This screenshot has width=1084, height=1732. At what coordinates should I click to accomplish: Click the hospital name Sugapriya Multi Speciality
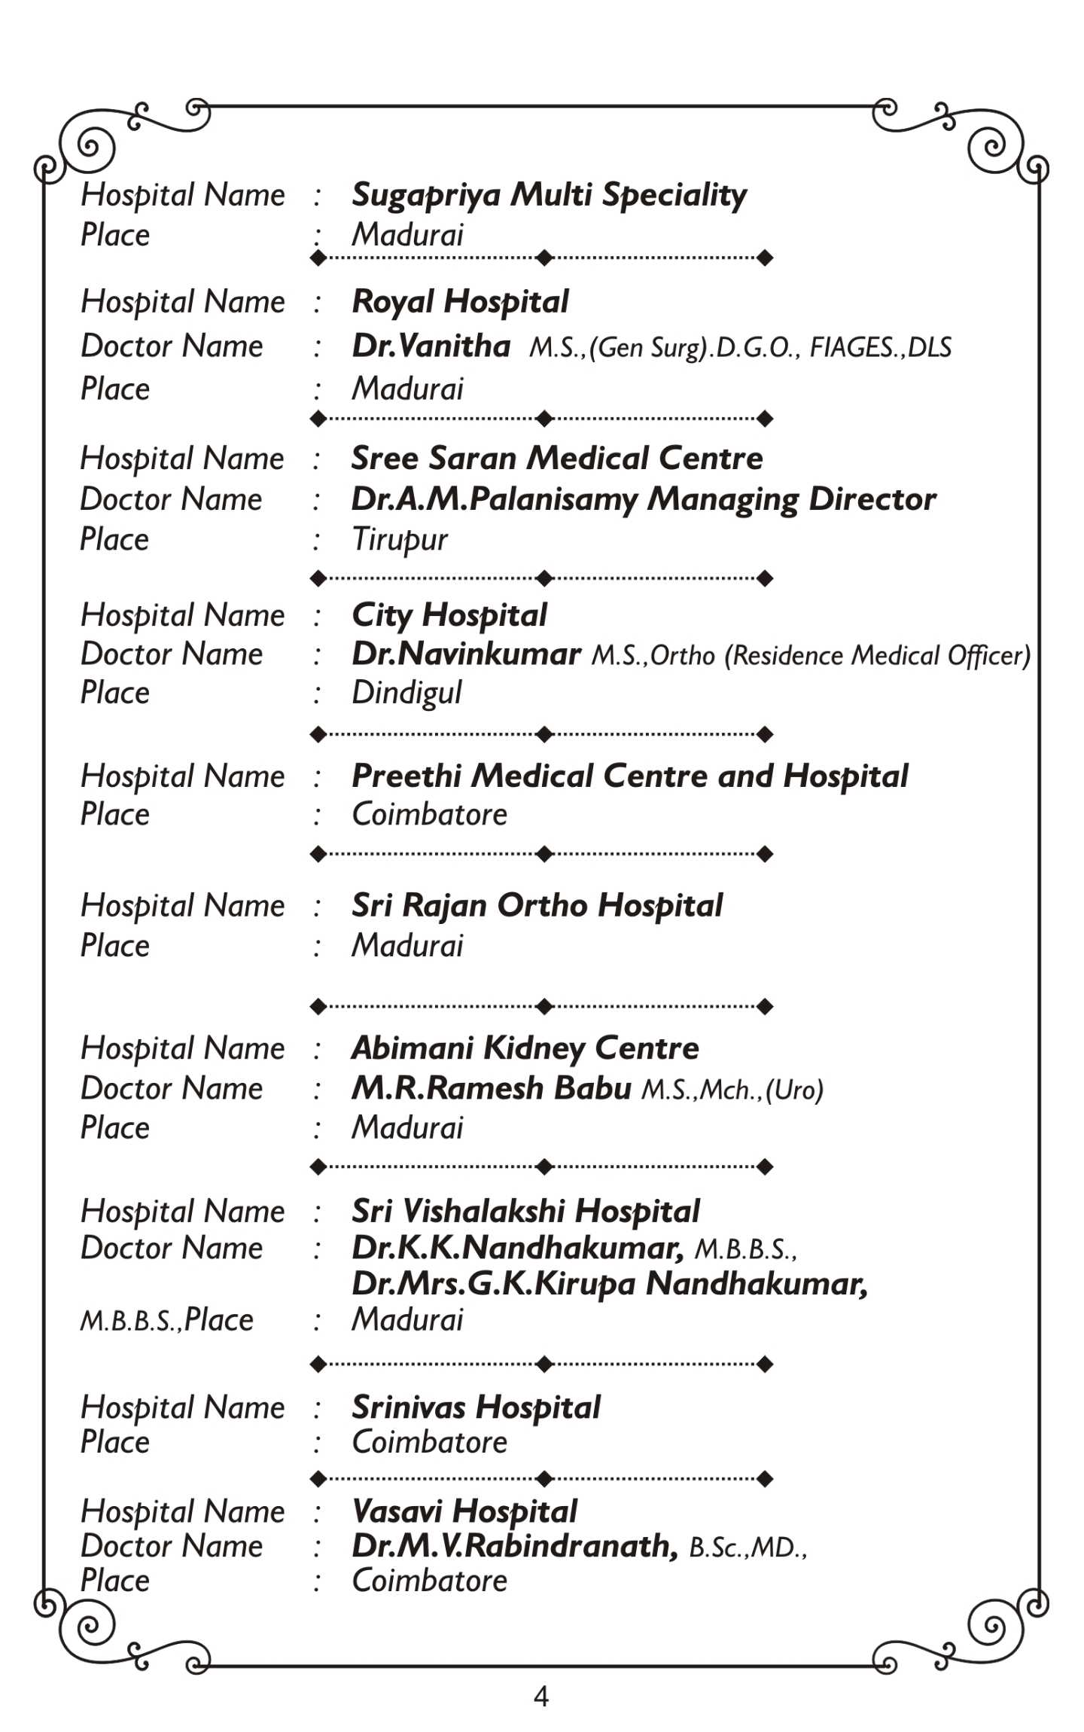tap(549, 196)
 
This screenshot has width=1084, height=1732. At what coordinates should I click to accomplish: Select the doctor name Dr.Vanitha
tap(431, 346)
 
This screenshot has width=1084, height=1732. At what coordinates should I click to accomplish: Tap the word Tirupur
tap(399, 540)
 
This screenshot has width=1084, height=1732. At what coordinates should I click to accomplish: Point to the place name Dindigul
tap(406, 694)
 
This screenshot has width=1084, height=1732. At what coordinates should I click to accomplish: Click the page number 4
tap(540, 1696)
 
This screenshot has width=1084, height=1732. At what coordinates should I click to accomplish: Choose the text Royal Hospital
tap(460, 303)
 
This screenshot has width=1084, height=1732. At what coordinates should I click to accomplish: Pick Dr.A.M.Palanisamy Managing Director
tap(644, 500)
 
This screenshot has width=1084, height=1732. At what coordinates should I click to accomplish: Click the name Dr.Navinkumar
tap(466, 654)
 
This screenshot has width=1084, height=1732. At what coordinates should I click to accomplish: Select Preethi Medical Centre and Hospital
tap(629, 777)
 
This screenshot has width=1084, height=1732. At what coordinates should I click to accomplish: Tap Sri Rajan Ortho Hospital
tap(537, 906)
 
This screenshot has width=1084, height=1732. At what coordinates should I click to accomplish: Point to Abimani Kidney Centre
tap(525, 1048)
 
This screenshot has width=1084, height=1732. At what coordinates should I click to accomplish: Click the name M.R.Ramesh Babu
tap(491, 1089)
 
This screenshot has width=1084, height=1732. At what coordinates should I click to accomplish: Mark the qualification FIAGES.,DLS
tap(880, 348)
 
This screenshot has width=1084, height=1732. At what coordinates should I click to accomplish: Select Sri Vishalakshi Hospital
tap(525, 1212)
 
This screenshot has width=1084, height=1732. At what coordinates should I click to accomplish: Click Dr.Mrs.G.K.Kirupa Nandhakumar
tap(610, 1285)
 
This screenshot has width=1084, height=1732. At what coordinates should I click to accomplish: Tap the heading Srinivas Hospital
tap(476, 1407)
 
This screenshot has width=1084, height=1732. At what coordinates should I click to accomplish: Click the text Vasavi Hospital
tap(464, 1511)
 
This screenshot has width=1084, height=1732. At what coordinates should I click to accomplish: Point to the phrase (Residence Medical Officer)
tap(877, 656)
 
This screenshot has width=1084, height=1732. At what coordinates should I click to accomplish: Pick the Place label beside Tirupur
tap(114, 540)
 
